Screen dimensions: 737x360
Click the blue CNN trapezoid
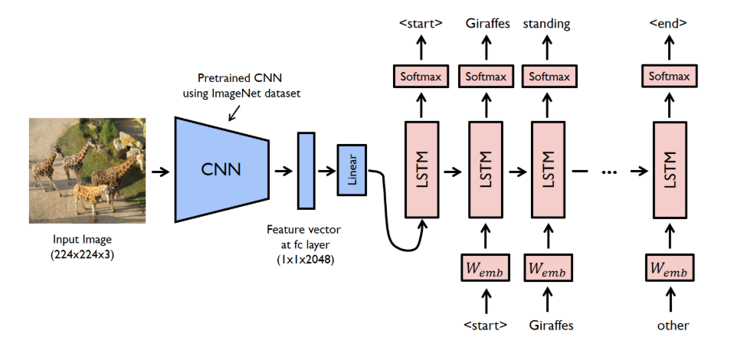(222, 169)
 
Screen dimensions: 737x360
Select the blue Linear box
(352, 170)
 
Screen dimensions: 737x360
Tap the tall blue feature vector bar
(306, 170)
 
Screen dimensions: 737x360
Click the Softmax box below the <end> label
(670, 76)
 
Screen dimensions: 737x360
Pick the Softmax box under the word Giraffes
(486, 76)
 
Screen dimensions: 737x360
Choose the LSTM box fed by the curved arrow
(421, 170)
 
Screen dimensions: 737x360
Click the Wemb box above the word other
(670, 268)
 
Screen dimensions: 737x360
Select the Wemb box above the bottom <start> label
(486, 268)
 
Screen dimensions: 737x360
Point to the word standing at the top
(547, 24)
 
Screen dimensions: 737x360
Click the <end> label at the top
(668, 23)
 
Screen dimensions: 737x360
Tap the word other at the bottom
(673, 325)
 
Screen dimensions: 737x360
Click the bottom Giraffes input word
(551, 325)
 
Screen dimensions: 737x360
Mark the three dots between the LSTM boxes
(609, 172)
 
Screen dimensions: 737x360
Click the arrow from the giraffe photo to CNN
(160, 172)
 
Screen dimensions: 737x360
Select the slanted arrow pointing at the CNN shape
(234, 113)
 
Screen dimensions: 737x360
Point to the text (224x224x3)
(82, 255)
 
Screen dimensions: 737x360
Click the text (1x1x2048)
(306, 259)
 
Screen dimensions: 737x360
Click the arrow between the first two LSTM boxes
(452, 172)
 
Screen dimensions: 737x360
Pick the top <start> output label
(421, 23)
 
